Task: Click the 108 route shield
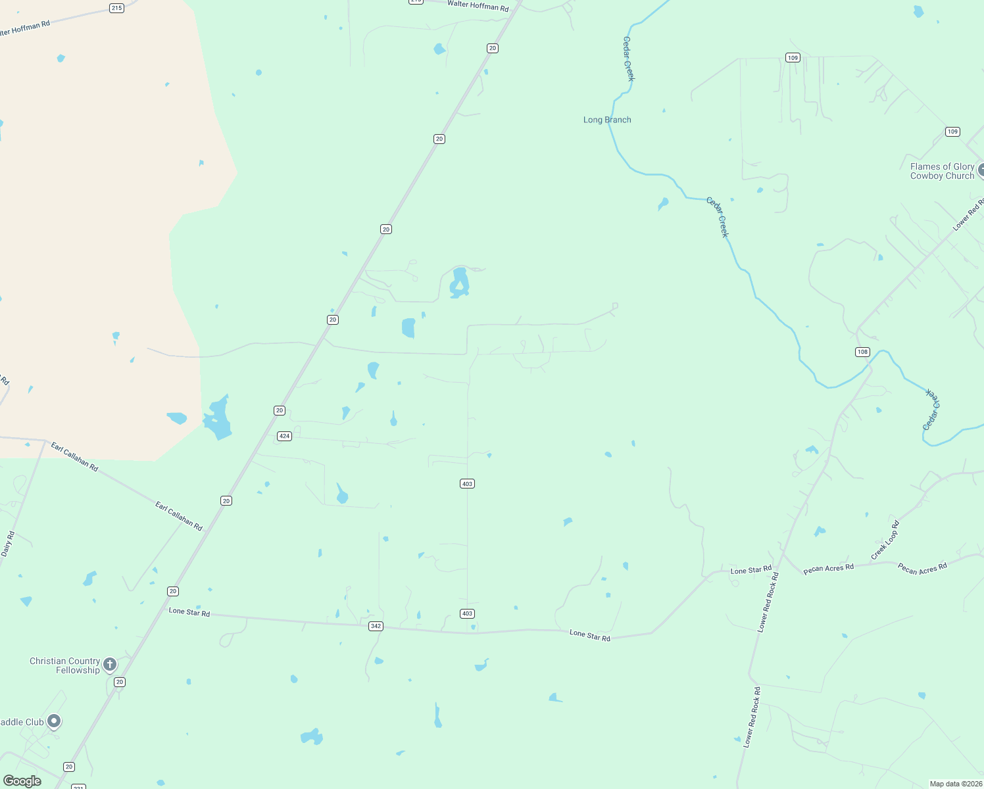click(862, 352)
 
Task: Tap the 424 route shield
click(284, 436)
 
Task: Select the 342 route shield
click(376, 626)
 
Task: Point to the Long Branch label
click(607, 120)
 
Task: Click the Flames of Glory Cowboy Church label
click(942, 171)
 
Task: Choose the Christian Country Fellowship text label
click(65, 665)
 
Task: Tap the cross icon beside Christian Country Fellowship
click(110, 664)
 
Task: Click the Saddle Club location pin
click(54, 721)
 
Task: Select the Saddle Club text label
click(22, 722)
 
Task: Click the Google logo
click(22, 781)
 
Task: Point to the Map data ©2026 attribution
click(956, 784)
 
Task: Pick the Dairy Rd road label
click(7, 544)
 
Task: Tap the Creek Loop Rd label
click(885, 541)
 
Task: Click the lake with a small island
click(459, 283)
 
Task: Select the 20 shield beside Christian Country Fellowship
click(119, 682)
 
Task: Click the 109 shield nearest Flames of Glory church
click(952, 131)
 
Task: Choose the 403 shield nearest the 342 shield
click(467, 613)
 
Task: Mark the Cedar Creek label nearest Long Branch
click(629, 59)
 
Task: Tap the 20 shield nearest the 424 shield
click(280, 410)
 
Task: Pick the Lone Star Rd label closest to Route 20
click(189, 612)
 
